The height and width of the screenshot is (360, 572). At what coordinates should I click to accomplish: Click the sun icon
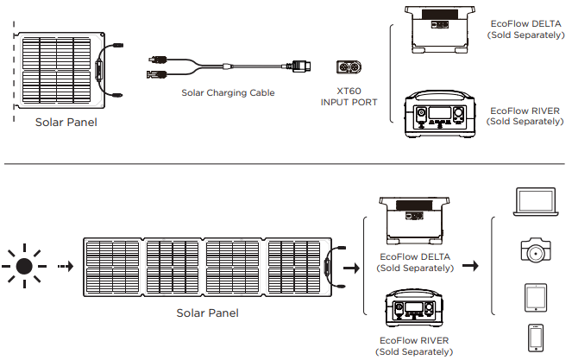[x=25, y=267]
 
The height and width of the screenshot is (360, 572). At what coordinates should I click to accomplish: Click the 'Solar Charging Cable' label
[x=229, y=92]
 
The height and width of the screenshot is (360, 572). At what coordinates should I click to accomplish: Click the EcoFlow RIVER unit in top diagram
[x=440, y=115]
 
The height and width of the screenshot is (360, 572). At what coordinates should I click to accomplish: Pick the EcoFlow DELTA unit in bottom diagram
[x=412, y=218]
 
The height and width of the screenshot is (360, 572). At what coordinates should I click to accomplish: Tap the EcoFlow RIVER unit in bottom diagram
[x=412, y=311]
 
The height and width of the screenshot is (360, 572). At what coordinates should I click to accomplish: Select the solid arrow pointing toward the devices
[x=470, y=266]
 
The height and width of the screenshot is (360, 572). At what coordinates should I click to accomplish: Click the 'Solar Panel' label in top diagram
[x=66, y=123]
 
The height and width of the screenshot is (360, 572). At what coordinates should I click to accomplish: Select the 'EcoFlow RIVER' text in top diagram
[x=524, y=111]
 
